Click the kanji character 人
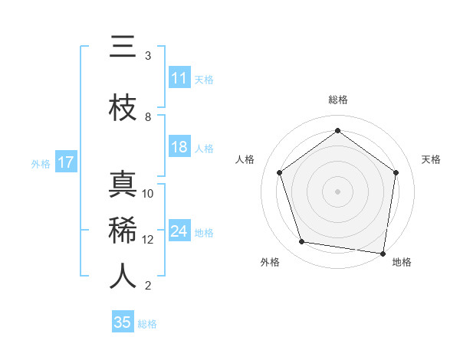click(123, 277)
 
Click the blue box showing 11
click(179, 78)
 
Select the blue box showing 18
click(179, 147)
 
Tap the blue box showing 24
click(179, 231)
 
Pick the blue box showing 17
click(65, 162)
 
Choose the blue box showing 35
click(123, 322)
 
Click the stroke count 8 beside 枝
click(148, 116)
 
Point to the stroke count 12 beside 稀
click(148, 239)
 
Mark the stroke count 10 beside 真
click(148, 193)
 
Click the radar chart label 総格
click(338, 100)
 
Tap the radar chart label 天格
click(431, 159)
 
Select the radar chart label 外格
click(270, 262)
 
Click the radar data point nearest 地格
click(383, 253)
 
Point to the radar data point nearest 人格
click(279, 172)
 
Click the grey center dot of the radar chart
click(337, 191)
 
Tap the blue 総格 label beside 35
click(147, 324)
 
